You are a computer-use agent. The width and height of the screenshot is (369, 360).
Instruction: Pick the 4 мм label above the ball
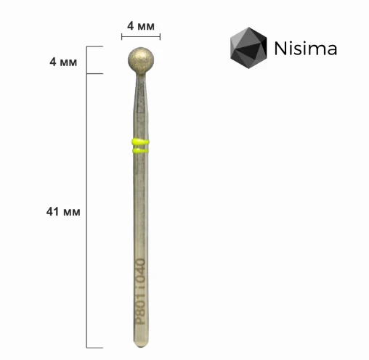(141, 25)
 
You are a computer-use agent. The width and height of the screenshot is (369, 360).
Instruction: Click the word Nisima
(305, 49)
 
